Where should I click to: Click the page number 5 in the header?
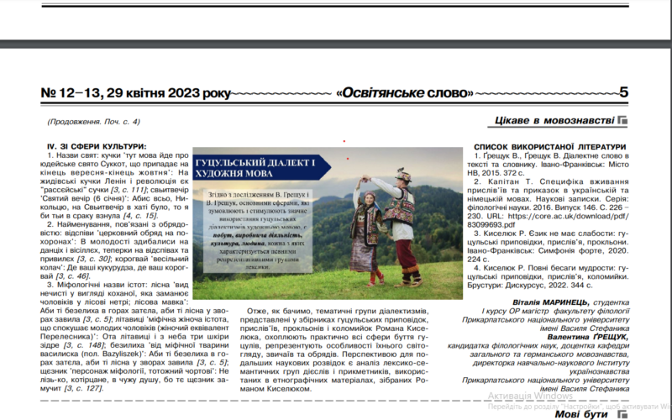pos(622,92)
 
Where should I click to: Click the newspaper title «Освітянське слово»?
pos(407,92)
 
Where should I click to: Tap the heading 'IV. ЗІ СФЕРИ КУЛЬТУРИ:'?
pos(97,147)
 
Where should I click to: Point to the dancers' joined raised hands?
pos(376,180)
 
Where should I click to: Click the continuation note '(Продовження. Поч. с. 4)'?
pos(88,121)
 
